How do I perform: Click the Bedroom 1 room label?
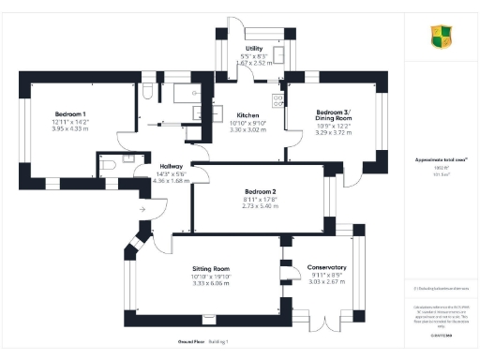(68, 113)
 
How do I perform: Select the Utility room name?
(254, 48)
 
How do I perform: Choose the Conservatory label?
(327, 267)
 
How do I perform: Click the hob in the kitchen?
(277, 99)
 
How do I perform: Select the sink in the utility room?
(279, 53)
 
